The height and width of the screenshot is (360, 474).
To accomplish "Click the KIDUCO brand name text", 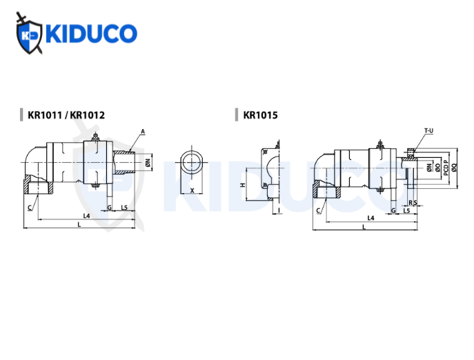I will (90, 32).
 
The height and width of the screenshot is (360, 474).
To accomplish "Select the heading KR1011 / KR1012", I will (66, 115).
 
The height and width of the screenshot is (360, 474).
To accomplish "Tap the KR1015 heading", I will (260, 115).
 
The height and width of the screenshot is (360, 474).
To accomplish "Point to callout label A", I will (142, 131).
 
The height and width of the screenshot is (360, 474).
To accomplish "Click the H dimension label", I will (242, 186).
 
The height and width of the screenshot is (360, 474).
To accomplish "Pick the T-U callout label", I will (428, 130).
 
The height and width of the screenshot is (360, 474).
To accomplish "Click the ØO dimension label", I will (437, 167).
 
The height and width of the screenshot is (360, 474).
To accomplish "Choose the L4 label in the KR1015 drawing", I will (370, 217).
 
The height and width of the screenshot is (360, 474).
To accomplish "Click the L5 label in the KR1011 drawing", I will (125, 207).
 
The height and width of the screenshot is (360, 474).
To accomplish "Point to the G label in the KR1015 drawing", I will (393, 209).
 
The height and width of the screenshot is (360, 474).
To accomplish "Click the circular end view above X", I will (191, 163).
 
